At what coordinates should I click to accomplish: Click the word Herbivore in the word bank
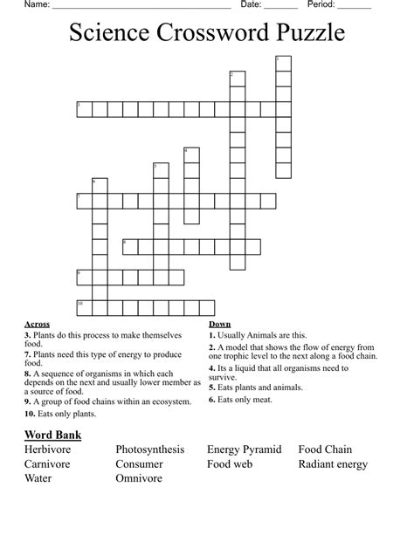pos(48,449)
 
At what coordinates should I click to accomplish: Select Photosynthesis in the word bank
pos(150,449)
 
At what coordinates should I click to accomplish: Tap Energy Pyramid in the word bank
pos(245,449)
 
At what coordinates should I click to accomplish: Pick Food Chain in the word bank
pos(325,449)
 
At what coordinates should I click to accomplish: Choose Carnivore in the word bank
pos(48,463)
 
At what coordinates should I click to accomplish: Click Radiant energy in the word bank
pos(333,463)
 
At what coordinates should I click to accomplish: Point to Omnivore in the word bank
pos(139,478)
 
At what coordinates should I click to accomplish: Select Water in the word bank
pos(38,478)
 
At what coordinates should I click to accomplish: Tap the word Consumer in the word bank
pos(140,463)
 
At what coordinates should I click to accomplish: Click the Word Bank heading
pos(52,434)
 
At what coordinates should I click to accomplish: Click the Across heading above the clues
pos(38,324)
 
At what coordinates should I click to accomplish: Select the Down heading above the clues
pos(220,324)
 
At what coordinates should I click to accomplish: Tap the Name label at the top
pos(35,4)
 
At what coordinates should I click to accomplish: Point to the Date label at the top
pos(250,4)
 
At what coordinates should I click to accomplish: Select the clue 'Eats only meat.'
pos(247,400)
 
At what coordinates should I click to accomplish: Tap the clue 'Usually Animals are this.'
pos(258,335)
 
